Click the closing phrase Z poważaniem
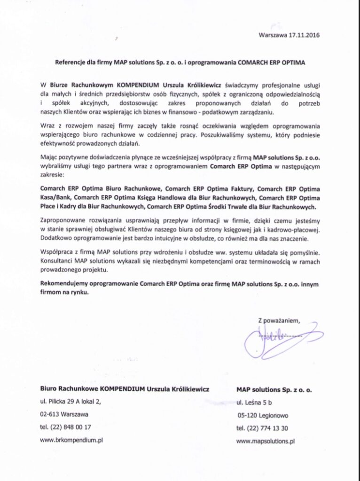tap(279, 320)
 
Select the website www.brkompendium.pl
tap(72, 441)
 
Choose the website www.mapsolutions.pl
tap(266, 442)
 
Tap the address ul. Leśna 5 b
tap(254, 403)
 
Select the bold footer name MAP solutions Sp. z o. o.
tap(274, 390)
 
